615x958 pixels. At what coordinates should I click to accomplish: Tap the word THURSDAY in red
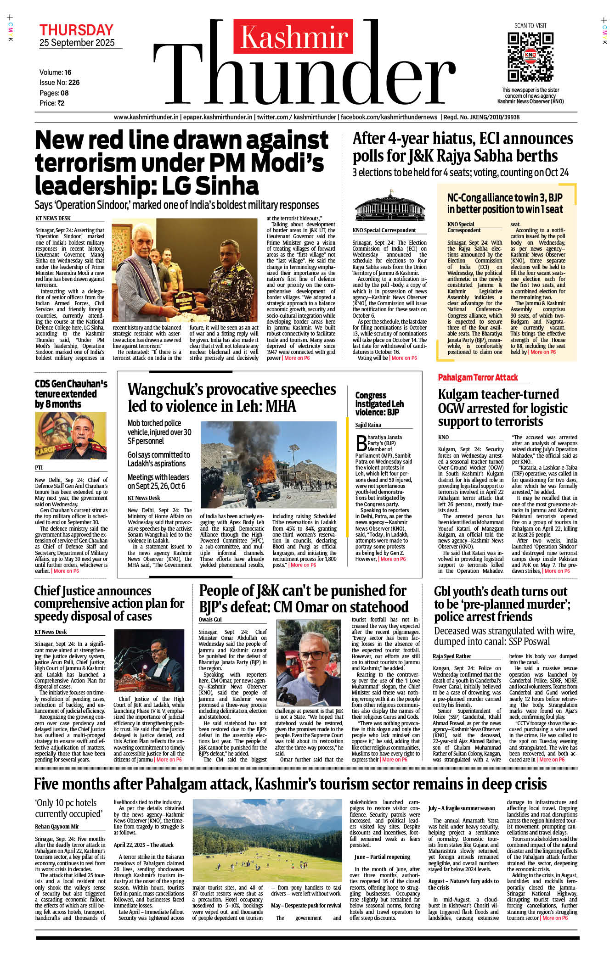coord(76,30)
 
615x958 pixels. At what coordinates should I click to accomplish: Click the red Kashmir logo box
coord(293,37)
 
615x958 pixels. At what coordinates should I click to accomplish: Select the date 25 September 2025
coord(77,43)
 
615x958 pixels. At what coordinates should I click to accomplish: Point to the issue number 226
coord(74,83)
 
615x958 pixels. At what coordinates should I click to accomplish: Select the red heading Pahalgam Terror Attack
coord(478,377)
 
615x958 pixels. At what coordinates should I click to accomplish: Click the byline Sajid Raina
coord(368,425)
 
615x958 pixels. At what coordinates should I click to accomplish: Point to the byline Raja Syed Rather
coord(451,656)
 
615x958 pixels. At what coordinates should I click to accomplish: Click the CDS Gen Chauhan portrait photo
coord(71,435)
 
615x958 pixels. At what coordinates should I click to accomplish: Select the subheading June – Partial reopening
coord(382,857)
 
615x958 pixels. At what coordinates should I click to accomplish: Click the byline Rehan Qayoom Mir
coord(57,826)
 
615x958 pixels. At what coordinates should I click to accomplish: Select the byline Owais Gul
coord(210,619)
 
